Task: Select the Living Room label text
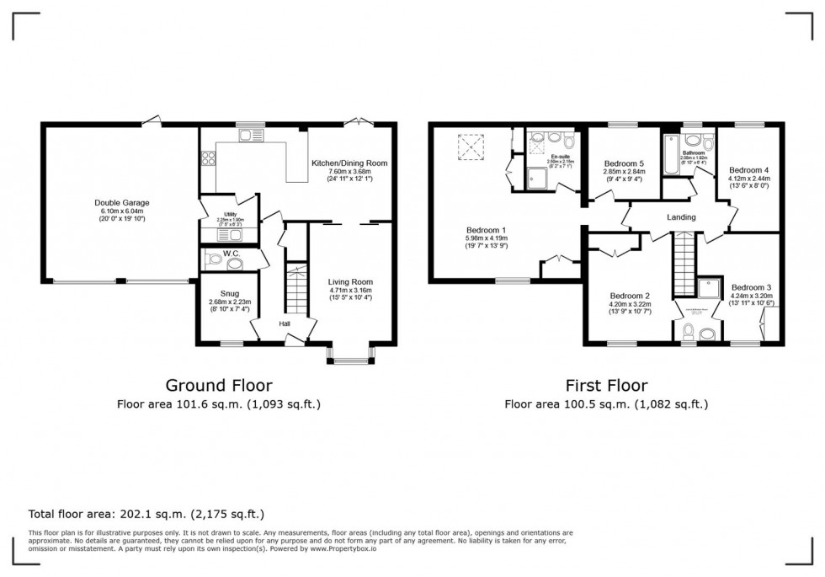pos(350,282)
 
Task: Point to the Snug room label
pos(224,293)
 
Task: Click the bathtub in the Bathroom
pos(672,153)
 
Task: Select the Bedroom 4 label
pos(748,169)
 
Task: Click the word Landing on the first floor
pos(681,217)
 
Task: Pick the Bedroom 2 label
pos(630,296)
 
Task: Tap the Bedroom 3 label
pos(750,287)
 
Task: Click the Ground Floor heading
pos(219,386)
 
